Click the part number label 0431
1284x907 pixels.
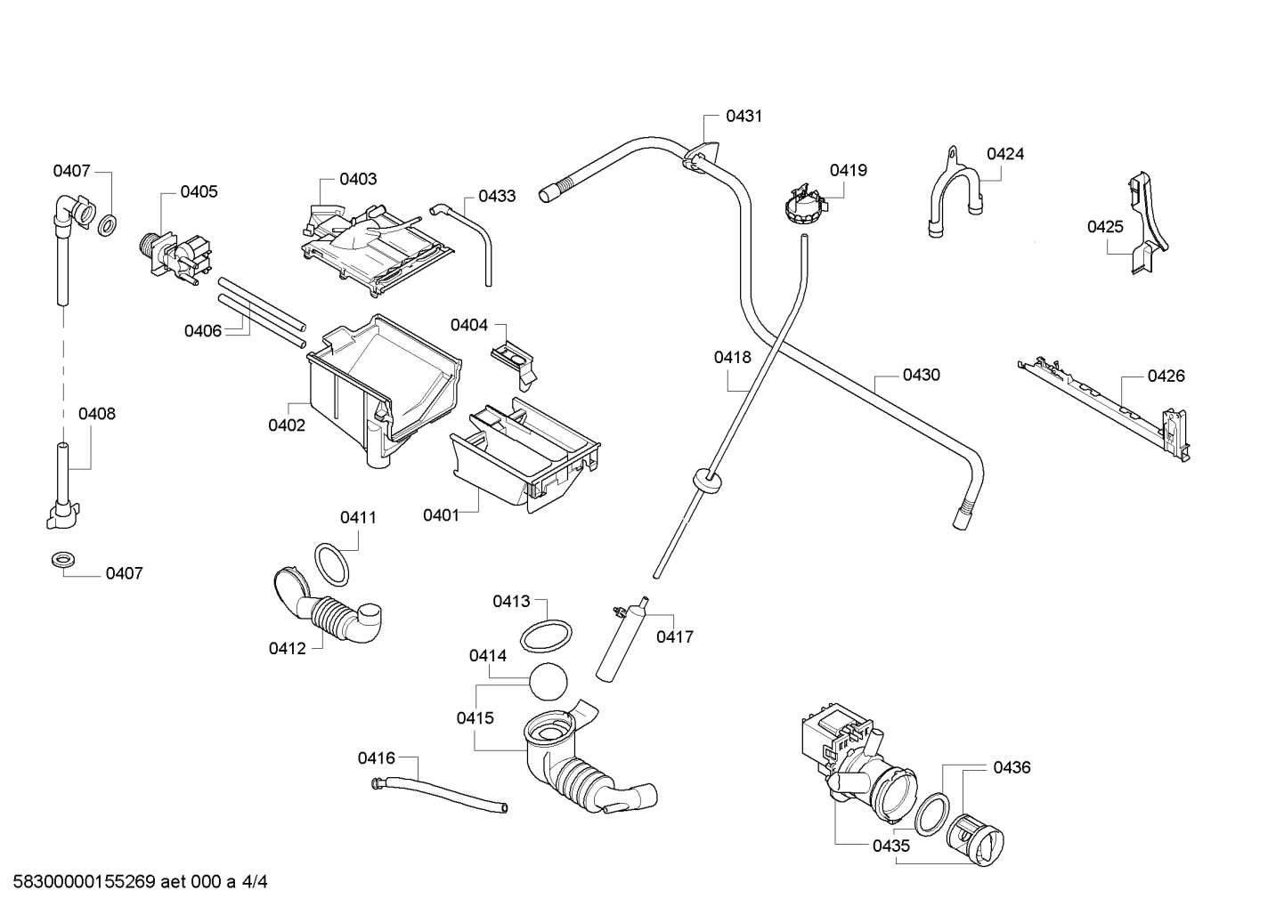coord(744,117)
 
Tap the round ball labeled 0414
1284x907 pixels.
coord(548,681)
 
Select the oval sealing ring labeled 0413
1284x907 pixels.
coord(546,636)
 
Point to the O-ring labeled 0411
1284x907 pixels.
coord(331,564)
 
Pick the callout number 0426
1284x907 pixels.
coord(1166,376)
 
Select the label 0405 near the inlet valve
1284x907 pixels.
coord(199,192)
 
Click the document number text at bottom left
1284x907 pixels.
coord(141,881)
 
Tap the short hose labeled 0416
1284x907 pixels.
coord(439,794)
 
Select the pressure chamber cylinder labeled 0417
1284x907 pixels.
coord(622,638)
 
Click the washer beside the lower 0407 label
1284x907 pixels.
coord(63,561)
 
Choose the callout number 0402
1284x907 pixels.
coord(287,425)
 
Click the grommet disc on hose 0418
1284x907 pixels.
coord(707,479)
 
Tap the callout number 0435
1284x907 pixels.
coord(891,846)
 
